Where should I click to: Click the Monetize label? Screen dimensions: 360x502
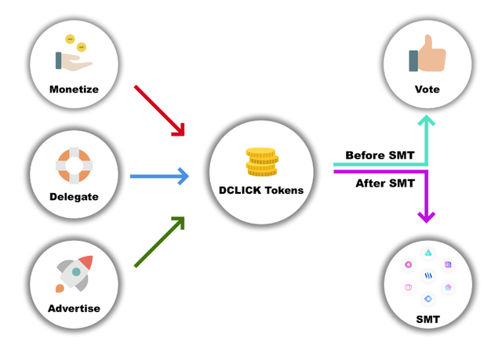74,89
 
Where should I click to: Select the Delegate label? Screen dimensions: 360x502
74,197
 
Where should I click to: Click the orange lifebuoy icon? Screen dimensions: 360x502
75,165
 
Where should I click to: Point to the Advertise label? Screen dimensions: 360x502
74,308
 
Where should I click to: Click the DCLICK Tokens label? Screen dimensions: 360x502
261,191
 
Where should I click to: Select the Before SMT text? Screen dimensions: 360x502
380,155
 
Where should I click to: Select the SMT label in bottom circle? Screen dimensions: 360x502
427,319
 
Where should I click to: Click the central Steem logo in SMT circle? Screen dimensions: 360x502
428,276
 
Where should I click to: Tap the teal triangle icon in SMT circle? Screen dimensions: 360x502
428,253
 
